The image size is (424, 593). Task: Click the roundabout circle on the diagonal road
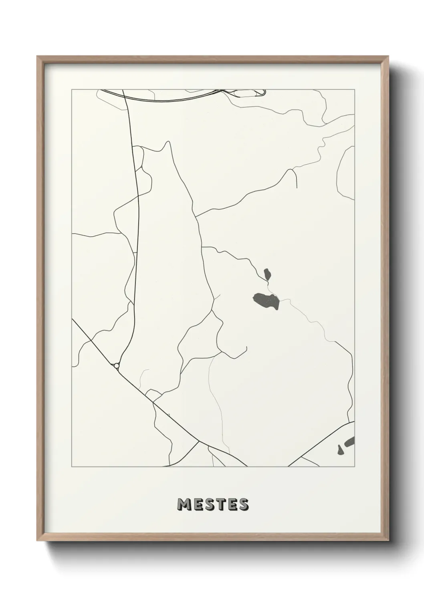(x=116, y=365)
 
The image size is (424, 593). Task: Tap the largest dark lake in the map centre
(x=266, y=301)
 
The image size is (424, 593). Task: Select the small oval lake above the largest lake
(x=267, y=274)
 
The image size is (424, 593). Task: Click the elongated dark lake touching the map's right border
(x=350, y=442)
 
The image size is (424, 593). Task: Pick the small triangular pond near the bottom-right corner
(x=341, y=450)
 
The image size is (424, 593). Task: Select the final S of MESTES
(x=243, y=505)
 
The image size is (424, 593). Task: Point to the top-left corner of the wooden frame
(x=37, y=56)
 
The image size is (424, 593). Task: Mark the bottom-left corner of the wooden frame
(x=37, y=541)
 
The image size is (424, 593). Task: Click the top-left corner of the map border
(x=72, y=89)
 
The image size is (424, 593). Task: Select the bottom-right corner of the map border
(x=354, y=467)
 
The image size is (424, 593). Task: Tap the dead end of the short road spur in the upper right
(x=297, y=188)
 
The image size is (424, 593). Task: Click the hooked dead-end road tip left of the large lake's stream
(x=246, y=347)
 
